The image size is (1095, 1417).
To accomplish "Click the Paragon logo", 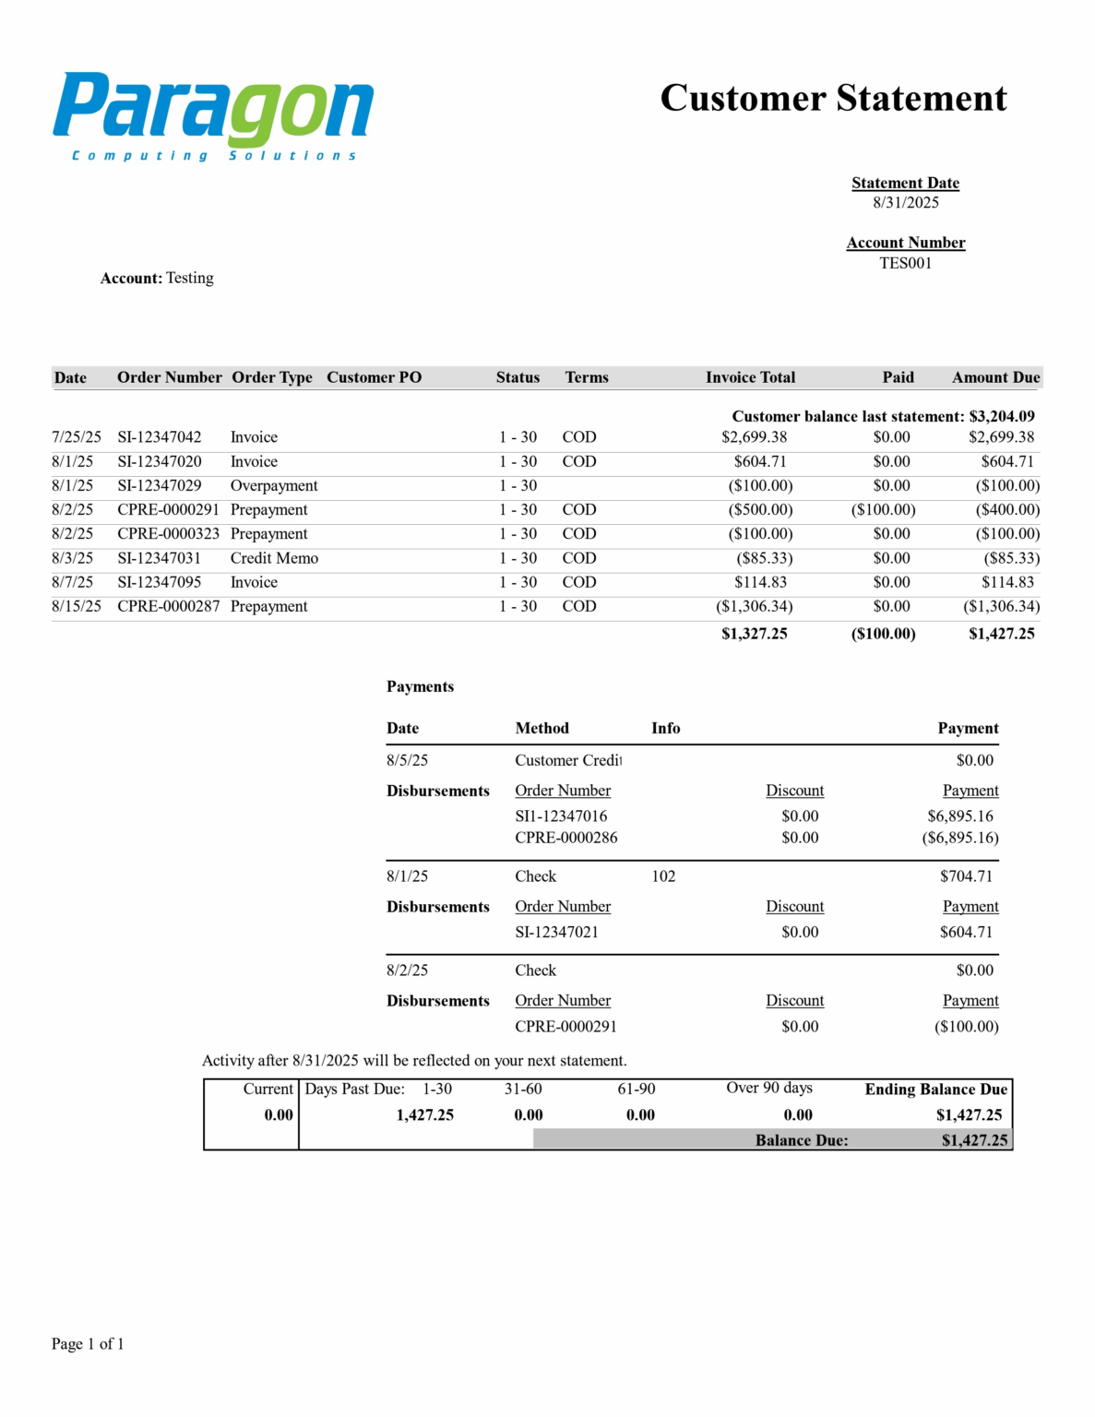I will coord(213,115).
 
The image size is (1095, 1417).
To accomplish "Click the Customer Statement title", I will coord(833,98).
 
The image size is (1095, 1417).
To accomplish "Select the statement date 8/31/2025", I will coord(905,203).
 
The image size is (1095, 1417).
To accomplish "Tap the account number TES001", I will coord(905,263).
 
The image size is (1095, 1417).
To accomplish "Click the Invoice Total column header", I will coord(750,377).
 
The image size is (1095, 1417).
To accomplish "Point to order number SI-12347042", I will coord(159,437).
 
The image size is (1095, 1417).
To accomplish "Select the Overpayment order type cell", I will coord(274,485).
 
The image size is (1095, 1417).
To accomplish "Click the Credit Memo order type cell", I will coord(274,558).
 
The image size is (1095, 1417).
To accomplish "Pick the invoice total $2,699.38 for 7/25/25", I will coord(754,437).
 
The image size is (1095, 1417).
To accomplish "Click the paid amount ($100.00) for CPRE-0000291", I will coord(883,509).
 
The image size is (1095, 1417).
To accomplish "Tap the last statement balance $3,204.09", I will coord(1001,416).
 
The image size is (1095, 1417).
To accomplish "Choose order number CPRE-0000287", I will coord(168,606).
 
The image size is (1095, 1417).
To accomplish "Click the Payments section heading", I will coord(420,686).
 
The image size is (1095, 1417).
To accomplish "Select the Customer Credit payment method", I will coord(568,760).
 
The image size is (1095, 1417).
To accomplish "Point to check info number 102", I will coord(663,876).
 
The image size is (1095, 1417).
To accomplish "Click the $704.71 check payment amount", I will coord(966,876).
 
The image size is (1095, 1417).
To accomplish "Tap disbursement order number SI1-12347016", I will coord(561,816).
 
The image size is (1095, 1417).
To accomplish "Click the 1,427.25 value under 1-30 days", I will coord(424,1114).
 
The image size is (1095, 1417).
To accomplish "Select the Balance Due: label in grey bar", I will coord(801,1140).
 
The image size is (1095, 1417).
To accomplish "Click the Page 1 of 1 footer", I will coord(88,1343).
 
